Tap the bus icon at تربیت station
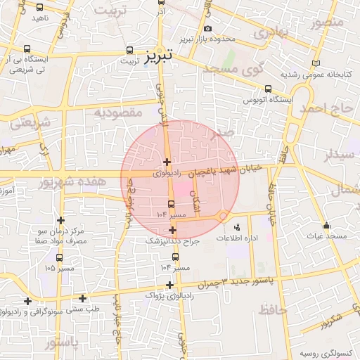click(129, 51)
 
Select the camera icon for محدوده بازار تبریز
click(207, 28)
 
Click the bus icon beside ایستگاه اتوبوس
click(268, 89)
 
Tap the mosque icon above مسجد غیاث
click(326, 226)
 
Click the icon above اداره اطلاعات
click(236, 227)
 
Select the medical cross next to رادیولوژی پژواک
click(169, 285)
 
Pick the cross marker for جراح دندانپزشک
click(173, 230)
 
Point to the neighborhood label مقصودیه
click(119, 112)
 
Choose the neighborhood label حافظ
click(273, 309)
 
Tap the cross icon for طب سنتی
click(82, 298)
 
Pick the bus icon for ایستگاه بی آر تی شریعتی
click(27, 49)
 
